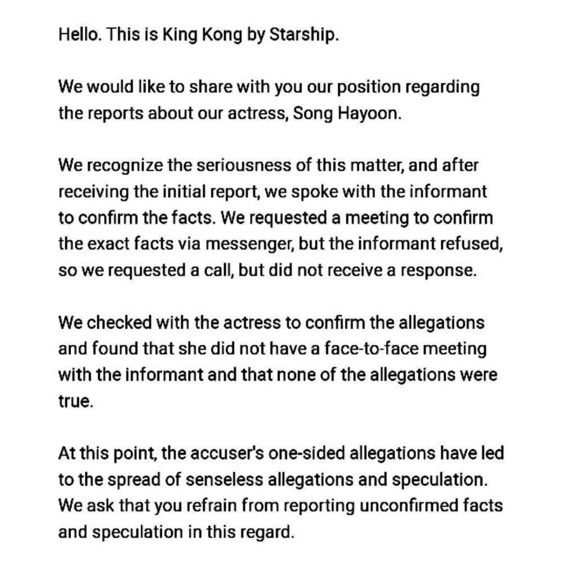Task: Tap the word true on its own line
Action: [x=75, y=401]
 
